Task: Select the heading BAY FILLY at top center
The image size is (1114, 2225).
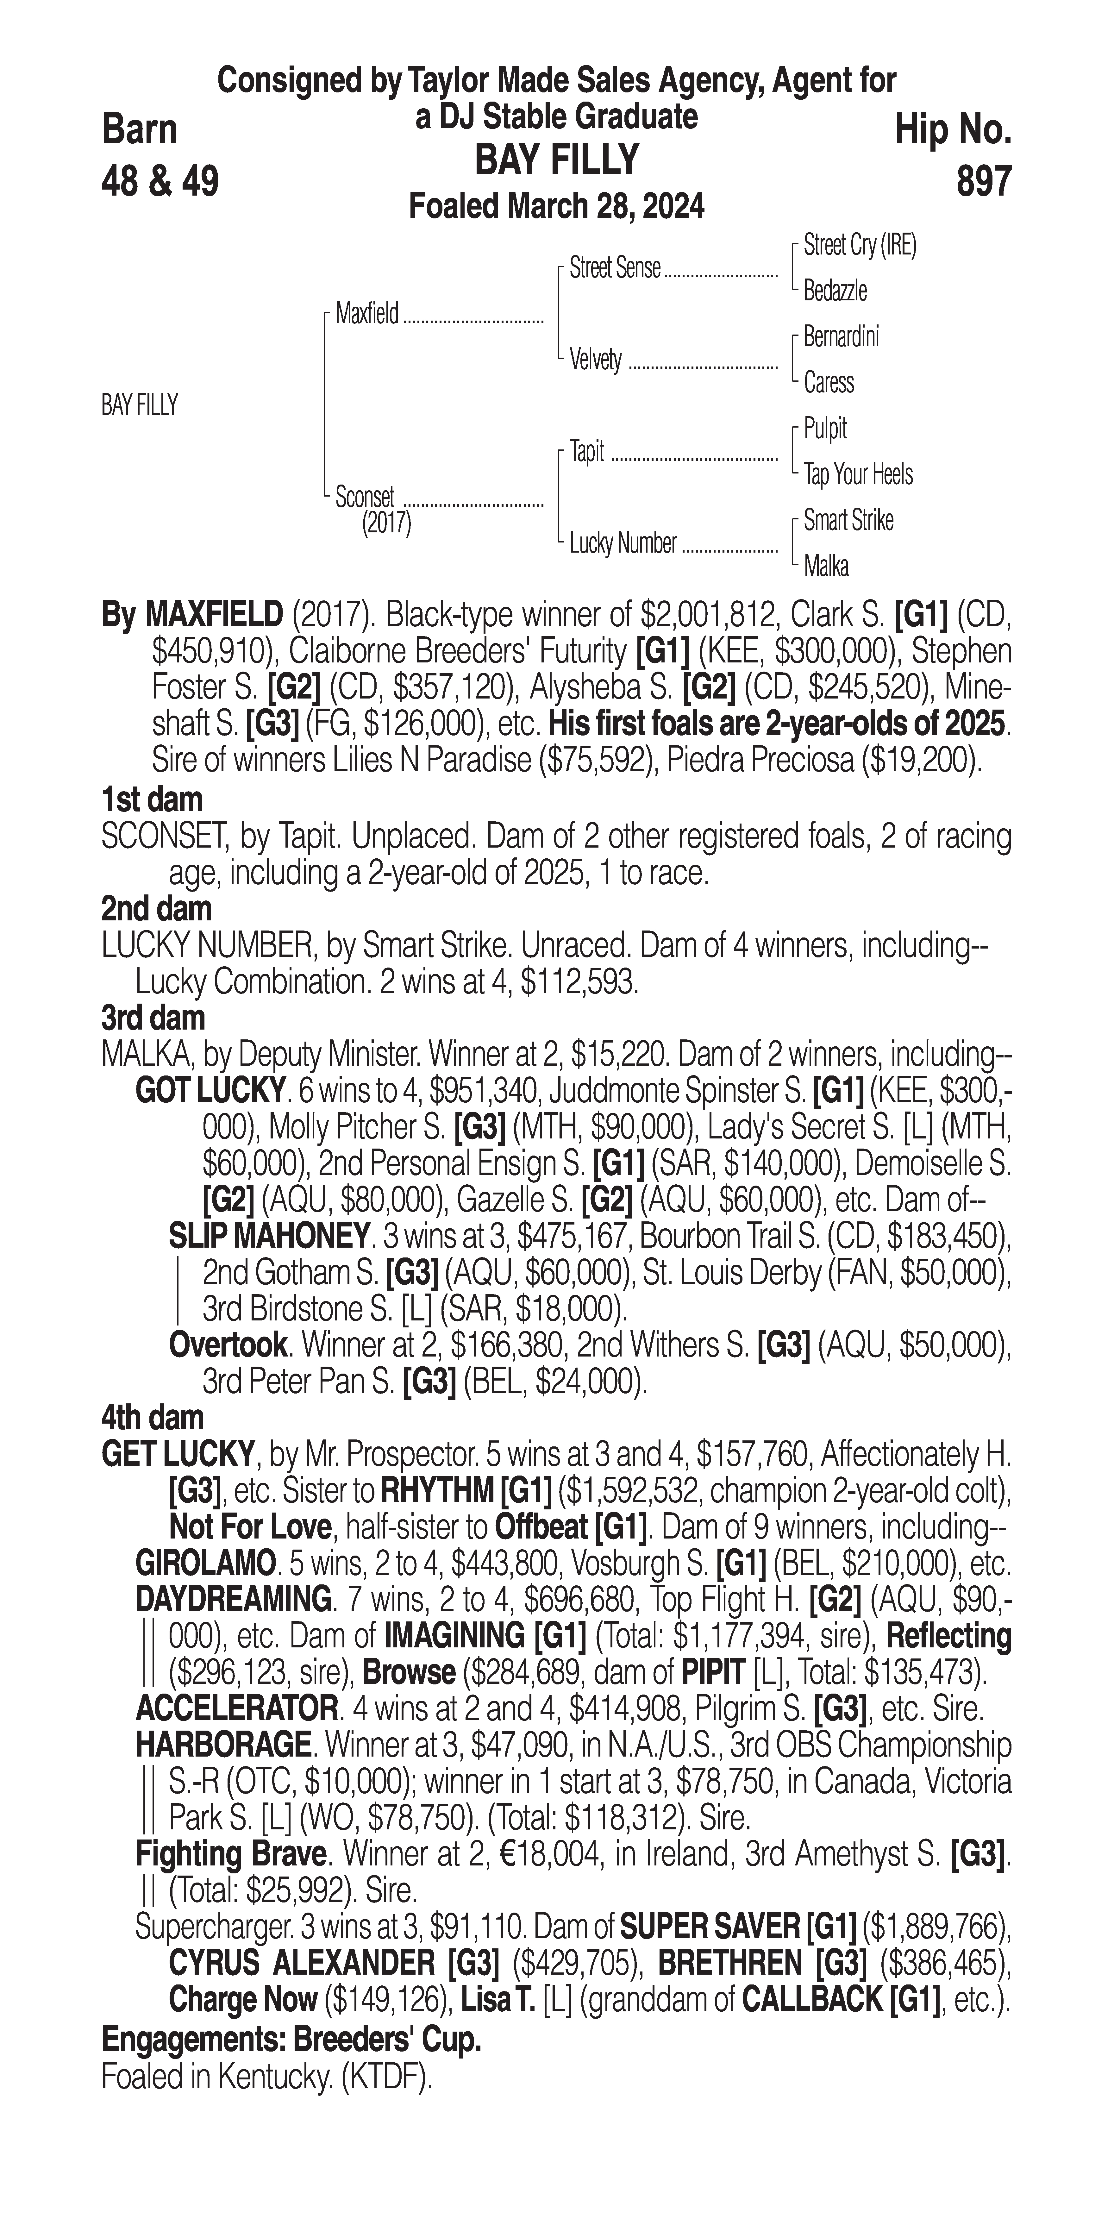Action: pos(557,160)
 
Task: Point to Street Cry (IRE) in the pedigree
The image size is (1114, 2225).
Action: pos(859,245)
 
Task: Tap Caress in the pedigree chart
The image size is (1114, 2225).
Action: pos(828,383)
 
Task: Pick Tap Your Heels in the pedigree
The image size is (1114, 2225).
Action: pos(858,474)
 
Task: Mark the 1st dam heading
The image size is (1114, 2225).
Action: pos(152,799)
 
